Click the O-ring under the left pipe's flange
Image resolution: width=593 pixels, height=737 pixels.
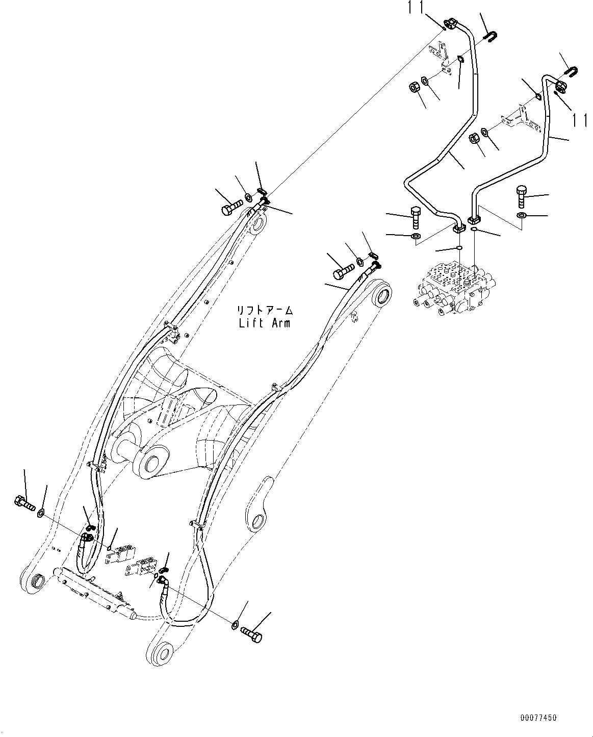pyautogui.click(x=459, y=248)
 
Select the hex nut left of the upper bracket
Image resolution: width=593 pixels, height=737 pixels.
pyautogui.click(x=413, y=88)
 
